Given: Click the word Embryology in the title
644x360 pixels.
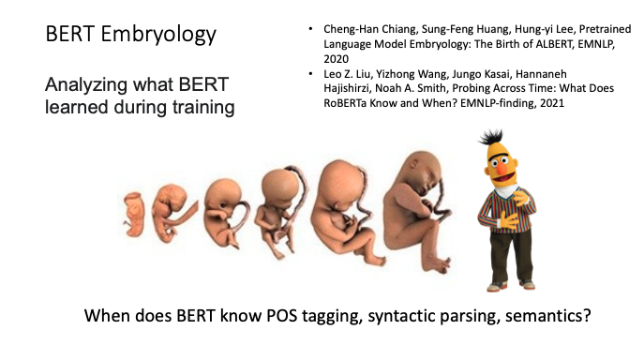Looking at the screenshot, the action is tap(158, 34).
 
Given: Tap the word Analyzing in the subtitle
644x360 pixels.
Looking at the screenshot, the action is tap(86, 85).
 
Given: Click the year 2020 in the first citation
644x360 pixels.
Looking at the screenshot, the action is tap(336, 59).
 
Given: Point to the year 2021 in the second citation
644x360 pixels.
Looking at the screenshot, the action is tap(552, 103).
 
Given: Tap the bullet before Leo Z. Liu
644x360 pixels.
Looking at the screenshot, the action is tap(310, 74).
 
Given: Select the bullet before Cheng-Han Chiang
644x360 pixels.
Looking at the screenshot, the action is tap(310, 29).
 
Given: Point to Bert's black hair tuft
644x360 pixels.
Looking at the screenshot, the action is tap(491, 137).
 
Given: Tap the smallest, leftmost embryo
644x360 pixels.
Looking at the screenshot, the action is tap(134, 215).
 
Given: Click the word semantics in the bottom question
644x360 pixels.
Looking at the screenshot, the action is tap(547, 316).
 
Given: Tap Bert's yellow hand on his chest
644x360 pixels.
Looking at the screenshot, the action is tap(520, 197).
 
